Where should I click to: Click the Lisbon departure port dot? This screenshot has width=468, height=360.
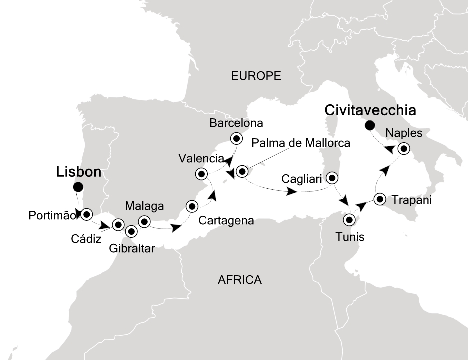tap(78, 187)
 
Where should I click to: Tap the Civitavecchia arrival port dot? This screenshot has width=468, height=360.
tap(370, 125)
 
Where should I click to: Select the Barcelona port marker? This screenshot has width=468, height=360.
tap(235, 138)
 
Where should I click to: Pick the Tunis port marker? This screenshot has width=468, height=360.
tap(349, 219)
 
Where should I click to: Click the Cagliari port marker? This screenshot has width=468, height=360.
tap(332, 178)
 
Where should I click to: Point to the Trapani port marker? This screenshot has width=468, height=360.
tap(380, 199)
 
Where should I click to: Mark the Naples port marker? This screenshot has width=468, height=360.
tap(403, 148)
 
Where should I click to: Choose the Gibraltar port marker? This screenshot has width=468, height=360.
tap(131, 231)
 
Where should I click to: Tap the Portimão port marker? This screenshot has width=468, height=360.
tap(87, 214)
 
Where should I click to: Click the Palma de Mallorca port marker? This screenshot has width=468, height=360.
tap(242, 171)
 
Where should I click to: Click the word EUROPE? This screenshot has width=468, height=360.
tap(256, 76)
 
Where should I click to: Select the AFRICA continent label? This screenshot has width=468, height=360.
tap(240, 280)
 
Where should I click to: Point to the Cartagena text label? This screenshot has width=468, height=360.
tap(227, 220)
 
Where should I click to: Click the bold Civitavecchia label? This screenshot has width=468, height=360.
tap(370, 109)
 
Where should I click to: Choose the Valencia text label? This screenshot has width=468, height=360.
tap(200, 159)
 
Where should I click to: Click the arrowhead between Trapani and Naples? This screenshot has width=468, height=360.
tap(383, 171)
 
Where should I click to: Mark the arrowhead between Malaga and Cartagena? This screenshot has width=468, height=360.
tap(176, 228)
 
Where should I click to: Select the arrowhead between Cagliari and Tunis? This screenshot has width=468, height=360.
tap(344, 200)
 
